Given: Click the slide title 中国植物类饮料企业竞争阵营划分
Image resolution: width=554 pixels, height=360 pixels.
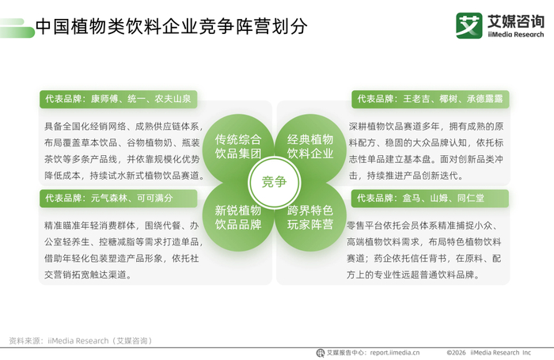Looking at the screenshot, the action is (x=172, y=26).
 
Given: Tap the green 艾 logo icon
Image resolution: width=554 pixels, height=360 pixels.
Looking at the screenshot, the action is (x=469, y=25).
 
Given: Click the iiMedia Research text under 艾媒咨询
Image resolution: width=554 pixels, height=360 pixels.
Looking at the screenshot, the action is (x=516, y=35).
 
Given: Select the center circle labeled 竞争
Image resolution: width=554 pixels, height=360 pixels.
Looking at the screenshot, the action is (x=274, y=182).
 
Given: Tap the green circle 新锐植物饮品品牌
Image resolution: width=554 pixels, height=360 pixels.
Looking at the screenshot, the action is (x=238, y=216).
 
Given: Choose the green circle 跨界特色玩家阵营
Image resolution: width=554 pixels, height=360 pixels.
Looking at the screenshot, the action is (x=310, y=216).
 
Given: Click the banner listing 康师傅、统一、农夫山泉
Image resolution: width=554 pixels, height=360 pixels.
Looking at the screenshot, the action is (x=119, y=99).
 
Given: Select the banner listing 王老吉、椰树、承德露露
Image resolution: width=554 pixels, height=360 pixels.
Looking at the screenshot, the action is (x=431, y=99).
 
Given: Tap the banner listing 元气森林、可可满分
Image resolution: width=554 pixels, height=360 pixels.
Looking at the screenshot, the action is (x=119, y=198).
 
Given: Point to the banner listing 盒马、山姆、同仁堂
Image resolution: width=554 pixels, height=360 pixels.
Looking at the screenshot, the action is (x=430, y=198).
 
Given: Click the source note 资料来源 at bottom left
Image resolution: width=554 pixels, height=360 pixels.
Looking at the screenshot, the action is (x=82, y=341).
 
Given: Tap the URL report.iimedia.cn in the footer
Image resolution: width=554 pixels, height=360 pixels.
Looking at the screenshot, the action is (x=395, y=353).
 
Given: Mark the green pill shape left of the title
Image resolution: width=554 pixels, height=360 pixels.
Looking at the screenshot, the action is (x=17, y=28).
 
